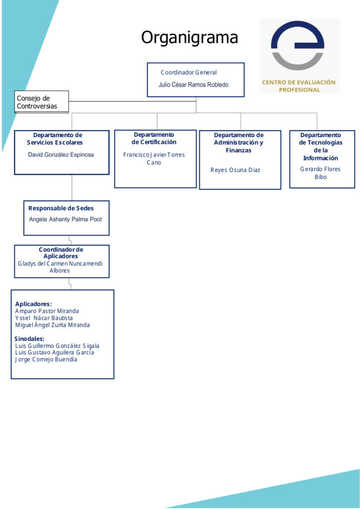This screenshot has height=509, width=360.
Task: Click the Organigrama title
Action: click(189, 38)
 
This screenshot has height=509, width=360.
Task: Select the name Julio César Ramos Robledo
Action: click(193, 85)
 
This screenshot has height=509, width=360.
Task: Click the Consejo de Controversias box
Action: click(42, 102)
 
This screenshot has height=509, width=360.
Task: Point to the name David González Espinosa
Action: click(61, 155)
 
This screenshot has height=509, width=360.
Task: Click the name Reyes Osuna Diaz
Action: click(235, 170)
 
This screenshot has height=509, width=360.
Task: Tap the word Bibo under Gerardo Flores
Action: click(320, 177)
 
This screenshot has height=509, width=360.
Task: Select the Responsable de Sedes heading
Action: click(61, 208)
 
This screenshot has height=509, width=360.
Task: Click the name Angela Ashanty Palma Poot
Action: click(66, 219)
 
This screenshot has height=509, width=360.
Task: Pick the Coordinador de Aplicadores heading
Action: click(61, 253)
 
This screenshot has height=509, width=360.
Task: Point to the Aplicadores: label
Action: click(33, 304)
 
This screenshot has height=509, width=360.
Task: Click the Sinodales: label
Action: click(29, 339)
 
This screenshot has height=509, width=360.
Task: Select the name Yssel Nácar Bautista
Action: click(44, 318)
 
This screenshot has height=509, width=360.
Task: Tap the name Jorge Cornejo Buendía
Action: click(46, 360)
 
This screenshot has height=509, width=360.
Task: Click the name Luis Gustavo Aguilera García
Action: click(55, 352)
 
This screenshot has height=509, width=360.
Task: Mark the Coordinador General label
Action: click(188, 73)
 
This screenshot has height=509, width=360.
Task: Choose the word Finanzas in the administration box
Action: click(239, 150)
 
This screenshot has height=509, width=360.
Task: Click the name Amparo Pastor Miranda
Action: click(47, 311)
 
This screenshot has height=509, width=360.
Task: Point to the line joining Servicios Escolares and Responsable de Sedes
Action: click(72, 187)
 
